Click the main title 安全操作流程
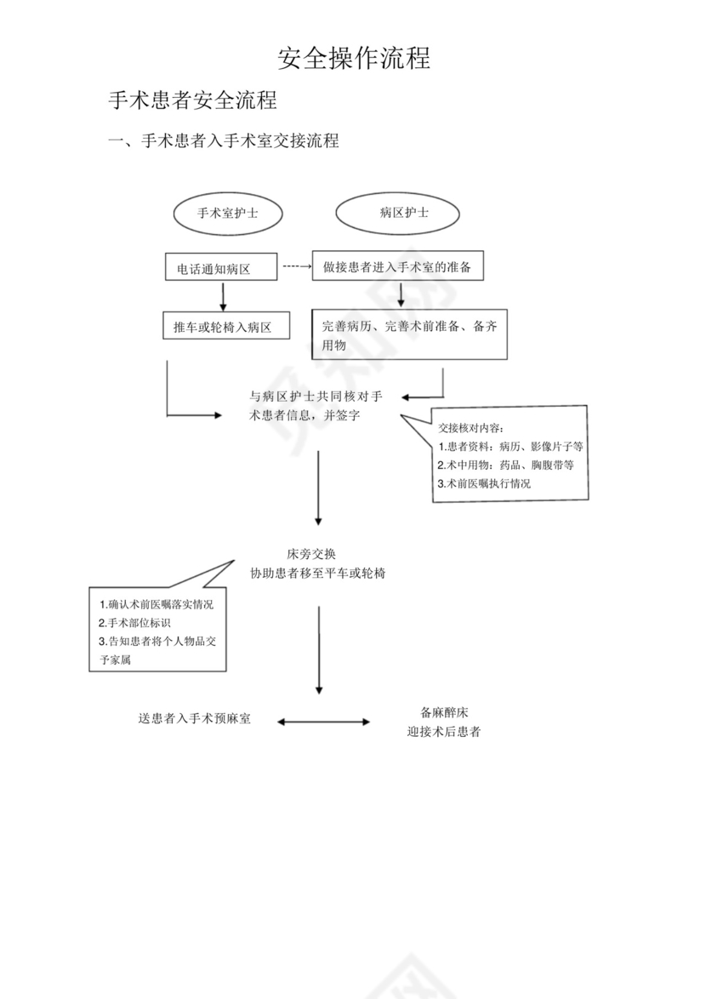354,58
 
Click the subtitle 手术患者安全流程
193,100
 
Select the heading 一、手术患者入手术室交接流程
223,141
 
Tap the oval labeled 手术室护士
228,214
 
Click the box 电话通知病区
222,269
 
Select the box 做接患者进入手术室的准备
402,267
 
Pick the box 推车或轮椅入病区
225,327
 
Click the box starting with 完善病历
409,334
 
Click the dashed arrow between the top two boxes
296,266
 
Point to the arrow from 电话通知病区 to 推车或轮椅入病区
223,296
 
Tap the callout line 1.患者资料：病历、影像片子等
510,446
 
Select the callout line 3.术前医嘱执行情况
484,483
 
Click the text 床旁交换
318,553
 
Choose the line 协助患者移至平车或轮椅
318,574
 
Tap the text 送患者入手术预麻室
194,718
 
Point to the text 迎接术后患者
444,731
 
